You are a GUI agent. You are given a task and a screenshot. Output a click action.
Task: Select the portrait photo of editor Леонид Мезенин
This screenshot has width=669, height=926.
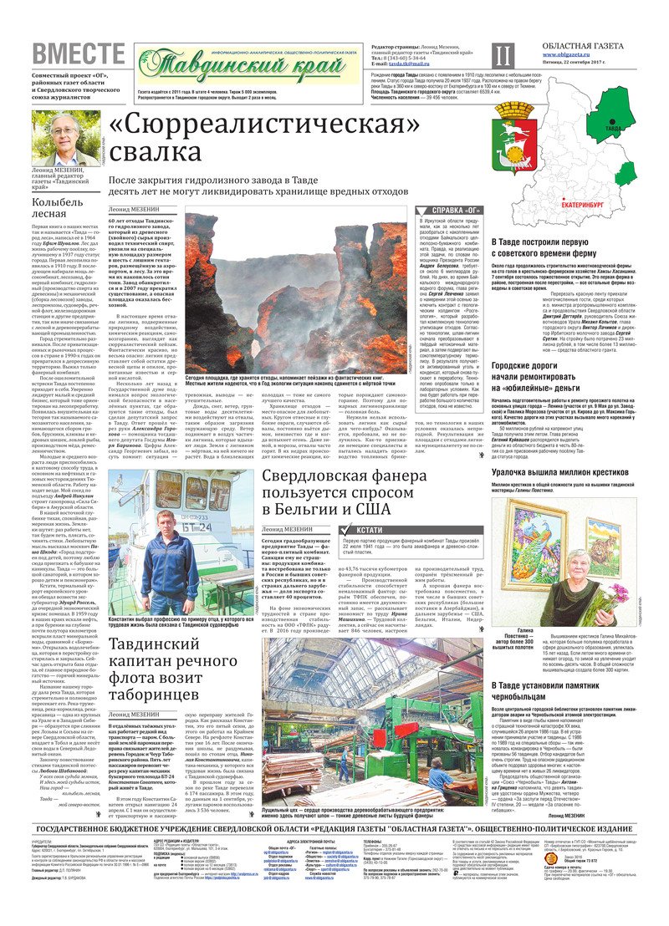66,138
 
